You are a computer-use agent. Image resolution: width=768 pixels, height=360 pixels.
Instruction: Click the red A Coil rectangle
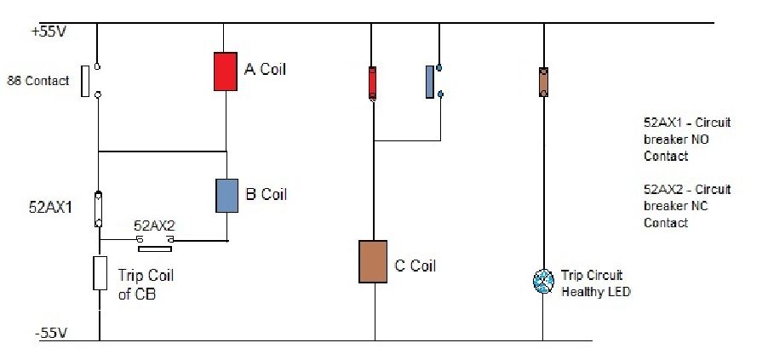pos(224,71)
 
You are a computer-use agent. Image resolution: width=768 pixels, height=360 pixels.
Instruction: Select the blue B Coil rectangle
pos(226,195)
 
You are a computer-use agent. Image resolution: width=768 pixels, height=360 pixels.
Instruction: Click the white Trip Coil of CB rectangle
pos(99,274)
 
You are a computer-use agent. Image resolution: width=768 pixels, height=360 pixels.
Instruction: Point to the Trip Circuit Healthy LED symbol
pos(543,283)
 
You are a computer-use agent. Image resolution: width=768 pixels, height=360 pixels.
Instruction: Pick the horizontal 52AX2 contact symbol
pos(156,243)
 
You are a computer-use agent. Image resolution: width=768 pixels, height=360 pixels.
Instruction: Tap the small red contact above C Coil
pos(372,83)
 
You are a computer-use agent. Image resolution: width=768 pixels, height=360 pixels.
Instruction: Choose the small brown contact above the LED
pos(543,82)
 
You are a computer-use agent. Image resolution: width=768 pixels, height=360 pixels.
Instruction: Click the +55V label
pos(49,32)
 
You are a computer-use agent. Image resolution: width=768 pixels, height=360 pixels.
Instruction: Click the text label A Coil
pos(265,69)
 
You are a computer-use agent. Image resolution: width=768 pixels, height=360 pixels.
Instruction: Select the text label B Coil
pos(266,195)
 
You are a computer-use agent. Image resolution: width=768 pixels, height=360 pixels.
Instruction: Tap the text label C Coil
pos(416,266)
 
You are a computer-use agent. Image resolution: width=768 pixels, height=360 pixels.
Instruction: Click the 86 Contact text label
pos(38,82)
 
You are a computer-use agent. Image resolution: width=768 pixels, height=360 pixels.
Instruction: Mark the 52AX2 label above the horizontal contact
pos(155,227)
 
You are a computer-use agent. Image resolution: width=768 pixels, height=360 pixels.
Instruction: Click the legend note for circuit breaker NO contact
pos(687,140)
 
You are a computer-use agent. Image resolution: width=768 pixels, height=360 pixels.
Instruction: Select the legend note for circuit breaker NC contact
pos(687,206)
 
